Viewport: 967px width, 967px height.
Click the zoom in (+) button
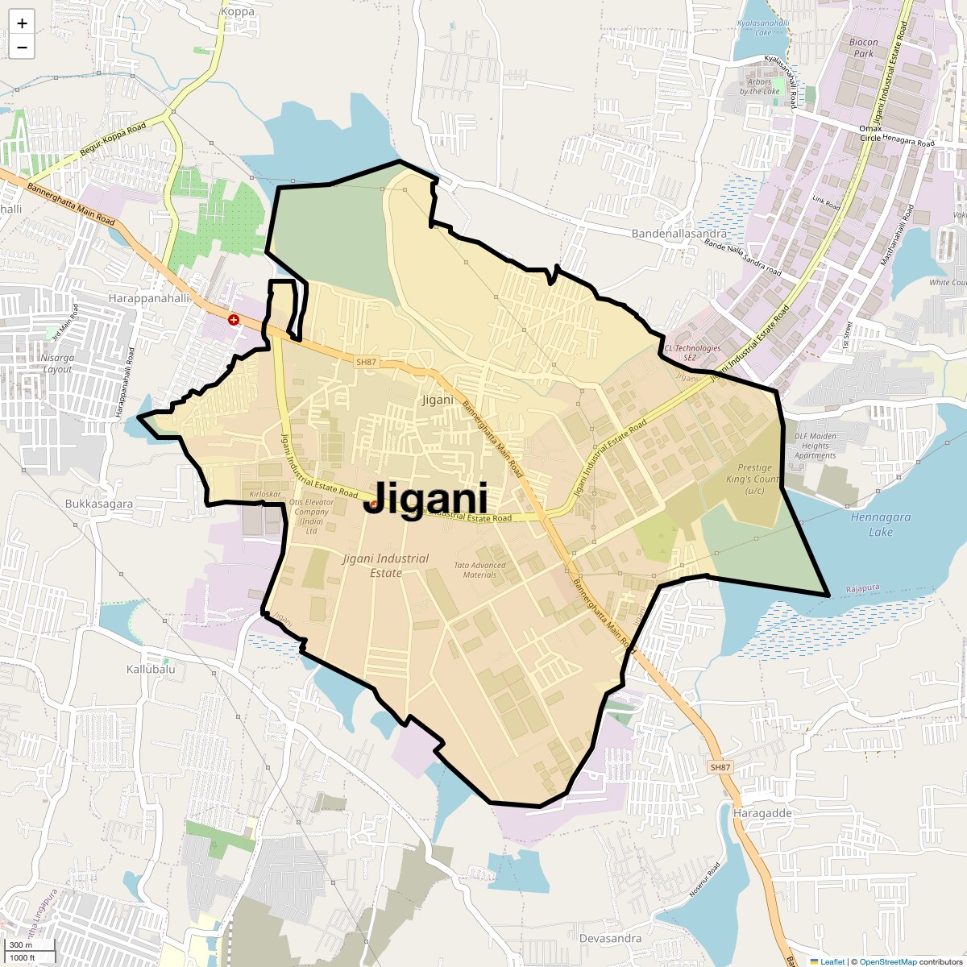tap(22, 23)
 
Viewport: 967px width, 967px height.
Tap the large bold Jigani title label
tap(425, 499)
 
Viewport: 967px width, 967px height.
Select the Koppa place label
tap(237, 12)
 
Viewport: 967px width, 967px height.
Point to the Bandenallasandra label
tap(679, 234)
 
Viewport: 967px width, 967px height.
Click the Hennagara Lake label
tap(881, 524)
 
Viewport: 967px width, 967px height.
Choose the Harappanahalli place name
tap(148, 298)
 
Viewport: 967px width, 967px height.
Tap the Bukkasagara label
tap(99, 504)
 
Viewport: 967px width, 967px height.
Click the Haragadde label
tap(762, 813)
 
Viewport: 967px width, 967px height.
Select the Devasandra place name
tap(611, 938)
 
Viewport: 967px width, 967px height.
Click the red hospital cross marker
tap(234, 320)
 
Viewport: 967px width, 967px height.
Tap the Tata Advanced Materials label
tap(480, 570)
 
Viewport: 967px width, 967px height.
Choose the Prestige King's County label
tap(755, 479)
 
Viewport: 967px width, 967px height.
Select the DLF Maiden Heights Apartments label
tap(815, 446)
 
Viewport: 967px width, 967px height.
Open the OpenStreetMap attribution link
tap(887, 961)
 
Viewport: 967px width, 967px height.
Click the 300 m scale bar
tap(31, 945)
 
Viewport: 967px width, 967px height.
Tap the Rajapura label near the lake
tap(862, 589)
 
